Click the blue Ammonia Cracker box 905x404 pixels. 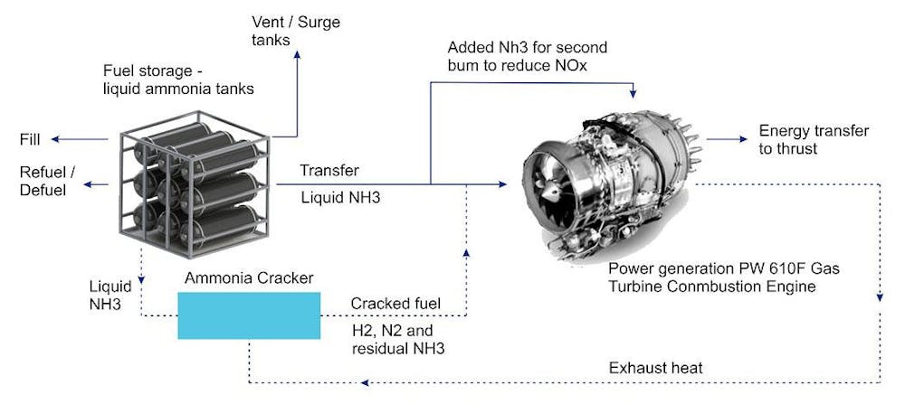pyautogui.click(x=249, y=315)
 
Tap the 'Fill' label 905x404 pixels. pyautogui.click(x=30, y=139)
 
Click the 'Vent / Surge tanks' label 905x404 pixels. pyautogui.click(x=296, y=31)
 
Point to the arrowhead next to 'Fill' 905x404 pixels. pyautogui.click(x=55, y=139)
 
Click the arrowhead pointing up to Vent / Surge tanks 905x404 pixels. pyautogui.click(x=297, y=54)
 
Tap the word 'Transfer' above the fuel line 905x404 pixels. pyautogui.click(x=329, y=171)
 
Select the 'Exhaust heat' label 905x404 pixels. pyautogui.click(x=655, y=368)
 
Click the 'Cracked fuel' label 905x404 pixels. pyautogui.click(x=395, y=303)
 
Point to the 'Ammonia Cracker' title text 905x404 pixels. pyautogui.click(x=249, y=278)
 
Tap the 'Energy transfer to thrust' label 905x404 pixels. pyautogui.click(x=814, y=139)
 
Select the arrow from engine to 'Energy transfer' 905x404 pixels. pyautogui.click(x=727, y=139)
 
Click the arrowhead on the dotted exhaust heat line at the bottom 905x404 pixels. pyautogui.click(x=364, y=382)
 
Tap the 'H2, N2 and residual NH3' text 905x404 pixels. pyautogui.click(x=398, y=340)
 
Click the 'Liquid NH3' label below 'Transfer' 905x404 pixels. pyautogui.click(x=340, y=198)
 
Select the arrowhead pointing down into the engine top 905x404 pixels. pyautogui.click(x=633, y=93)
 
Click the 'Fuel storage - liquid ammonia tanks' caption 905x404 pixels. pyautogui.click(x=178, y=80)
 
